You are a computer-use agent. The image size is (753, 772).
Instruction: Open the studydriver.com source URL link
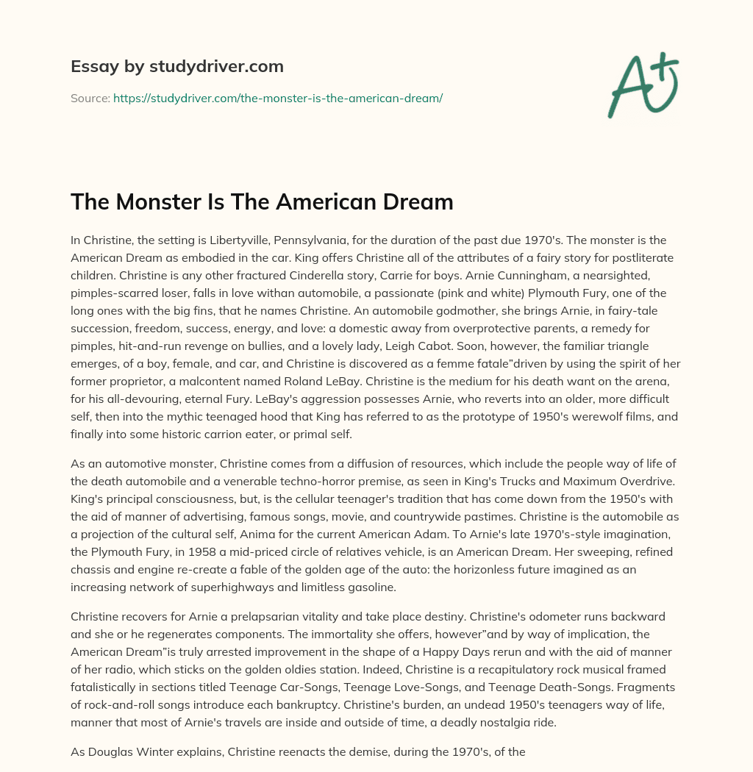[x=277, y=98]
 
